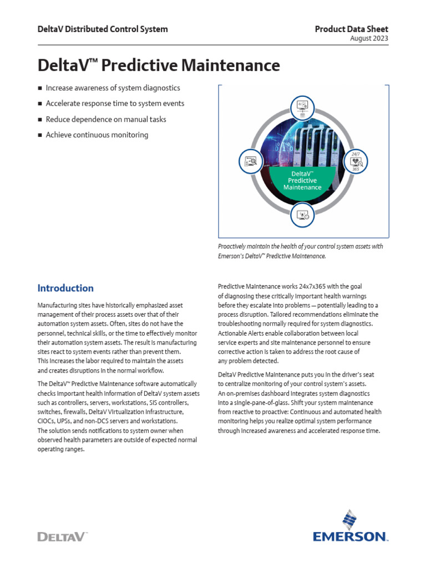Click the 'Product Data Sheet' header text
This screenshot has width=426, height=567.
coord(351,29)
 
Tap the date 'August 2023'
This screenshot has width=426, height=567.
coord(369,39)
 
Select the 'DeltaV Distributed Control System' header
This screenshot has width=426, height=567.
coord(102,29)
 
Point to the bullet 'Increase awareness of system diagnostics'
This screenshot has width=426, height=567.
coord(113,88)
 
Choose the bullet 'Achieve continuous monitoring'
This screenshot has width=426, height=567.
coord(97,135)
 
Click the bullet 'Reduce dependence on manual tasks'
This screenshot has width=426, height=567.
coord(105,119)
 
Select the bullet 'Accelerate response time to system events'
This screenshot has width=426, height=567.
coord(115,104)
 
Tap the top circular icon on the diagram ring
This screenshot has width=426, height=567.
coord(302,105)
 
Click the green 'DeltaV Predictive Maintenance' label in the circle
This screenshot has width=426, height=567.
coord(302,181)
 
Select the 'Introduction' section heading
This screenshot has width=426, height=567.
coord(65,288)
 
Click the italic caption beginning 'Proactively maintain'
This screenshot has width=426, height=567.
coord(300,251)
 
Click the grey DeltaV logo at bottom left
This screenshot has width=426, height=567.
coord(62,536)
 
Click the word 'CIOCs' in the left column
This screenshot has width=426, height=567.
coord(47,421)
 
